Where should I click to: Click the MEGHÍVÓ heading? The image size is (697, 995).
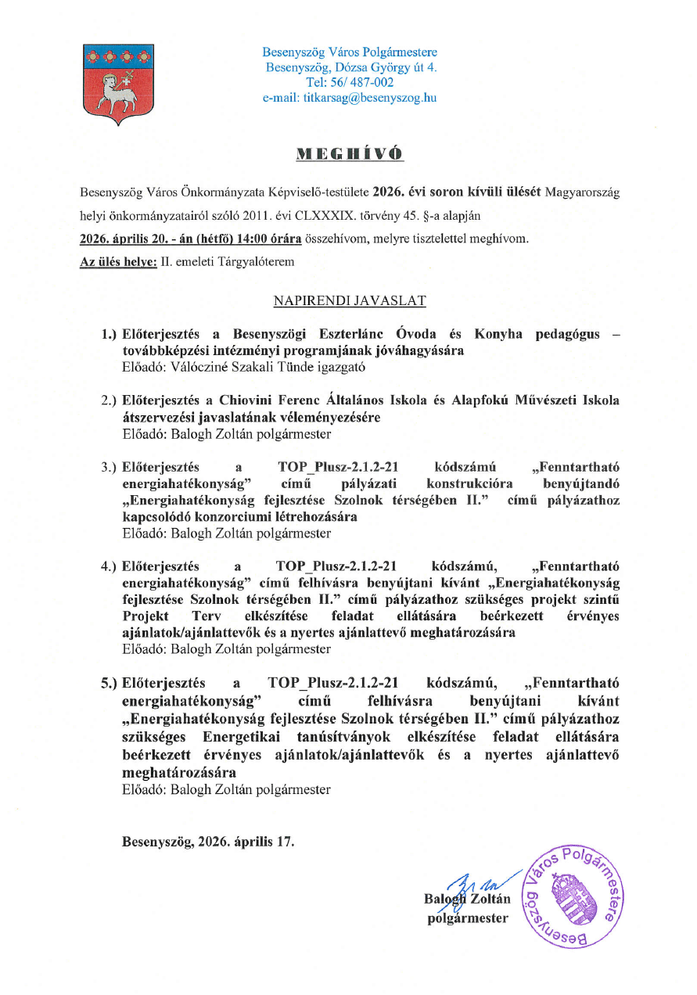349,153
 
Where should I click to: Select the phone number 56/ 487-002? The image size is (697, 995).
361,82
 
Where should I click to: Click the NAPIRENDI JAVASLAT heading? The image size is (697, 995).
350,300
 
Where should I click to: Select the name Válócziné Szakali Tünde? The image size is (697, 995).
221,366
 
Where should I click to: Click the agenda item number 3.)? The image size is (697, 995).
109,468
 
